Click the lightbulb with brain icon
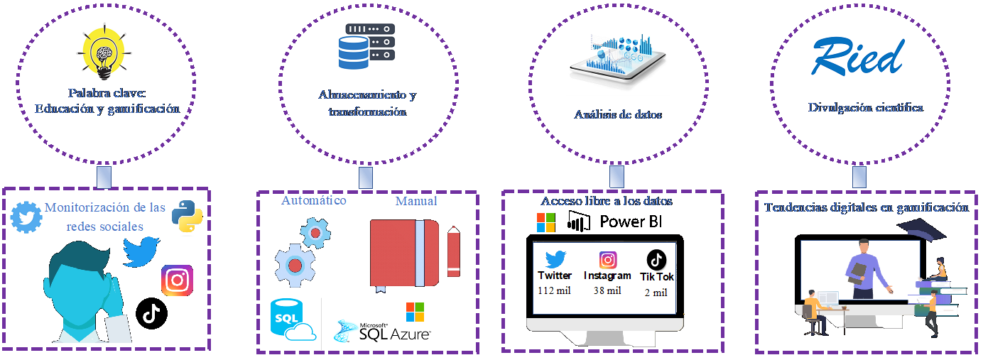click(x=105, y=51)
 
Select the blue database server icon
click(x=366, y=47)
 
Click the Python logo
click(x=186, y=216)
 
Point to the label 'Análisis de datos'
click(x=618, y=114)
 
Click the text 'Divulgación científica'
click(x=866, y=108)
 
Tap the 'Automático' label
click(x=314, y=200)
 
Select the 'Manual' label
click(x=416, y=201)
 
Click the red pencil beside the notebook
click(x=453, y=251)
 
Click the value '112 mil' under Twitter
click(x=555, y=290)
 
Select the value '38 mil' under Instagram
click(x=607, y=290)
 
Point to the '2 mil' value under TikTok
click(x=656, y=292)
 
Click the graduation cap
click(x=919, y=229)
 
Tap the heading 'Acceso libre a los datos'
click(x=607, y=201)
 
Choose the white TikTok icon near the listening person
click(x=151, y=313)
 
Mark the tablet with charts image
click(x=617, y=62)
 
